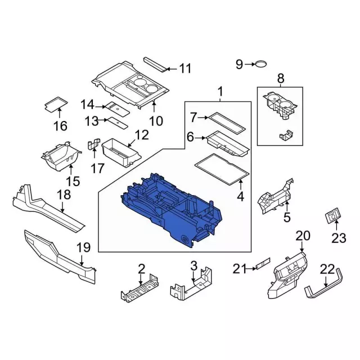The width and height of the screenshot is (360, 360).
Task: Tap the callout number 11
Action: pos(185,69)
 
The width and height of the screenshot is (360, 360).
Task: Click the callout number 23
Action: pos(339,238)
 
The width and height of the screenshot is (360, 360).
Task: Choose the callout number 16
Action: pos(60,126)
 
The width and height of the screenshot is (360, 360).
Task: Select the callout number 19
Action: pos(83,247)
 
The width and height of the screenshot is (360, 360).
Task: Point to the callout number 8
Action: pos(280,78)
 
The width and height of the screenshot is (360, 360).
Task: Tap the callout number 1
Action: pos(220,92)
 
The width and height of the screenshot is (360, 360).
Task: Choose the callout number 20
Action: pos(303,236)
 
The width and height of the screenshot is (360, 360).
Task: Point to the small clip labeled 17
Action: pos(93,145)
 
